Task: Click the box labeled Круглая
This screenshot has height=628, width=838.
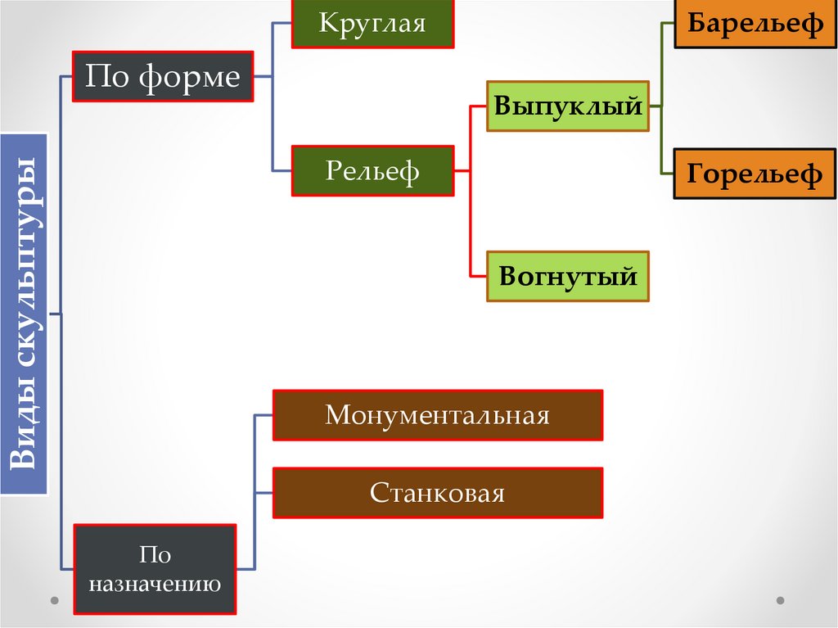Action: (373, 23)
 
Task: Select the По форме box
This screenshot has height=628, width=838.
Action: (163, 77)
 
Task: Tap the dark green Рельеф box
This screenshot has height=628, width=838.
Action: (372, 171)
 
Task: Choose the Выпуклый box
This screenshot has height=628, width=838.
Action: (568, 106)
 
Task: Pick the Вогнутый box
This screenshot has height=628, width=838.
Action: (568, 276)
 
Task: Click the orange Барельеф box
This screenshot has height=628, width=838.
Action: (755, 24)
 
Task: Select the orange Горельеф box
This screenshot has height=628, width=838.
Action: (755, 174)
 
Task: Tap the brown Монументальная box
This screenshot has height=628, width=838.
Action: (437, 415)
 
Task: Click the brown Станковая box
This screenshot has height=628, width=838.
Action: (437, 493)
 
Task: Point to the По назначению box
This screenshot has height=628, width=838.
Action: (155, 570)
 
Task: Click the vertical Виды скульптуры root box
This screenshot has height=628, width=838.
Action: (24, 314)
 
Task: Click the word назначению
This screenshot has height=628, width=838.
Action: (155, 585)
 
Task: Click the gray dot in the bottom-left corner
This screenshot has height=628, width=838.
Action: (55, 600)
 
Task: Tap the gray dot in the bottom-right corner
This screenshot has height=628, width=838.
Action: (780, 600)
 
